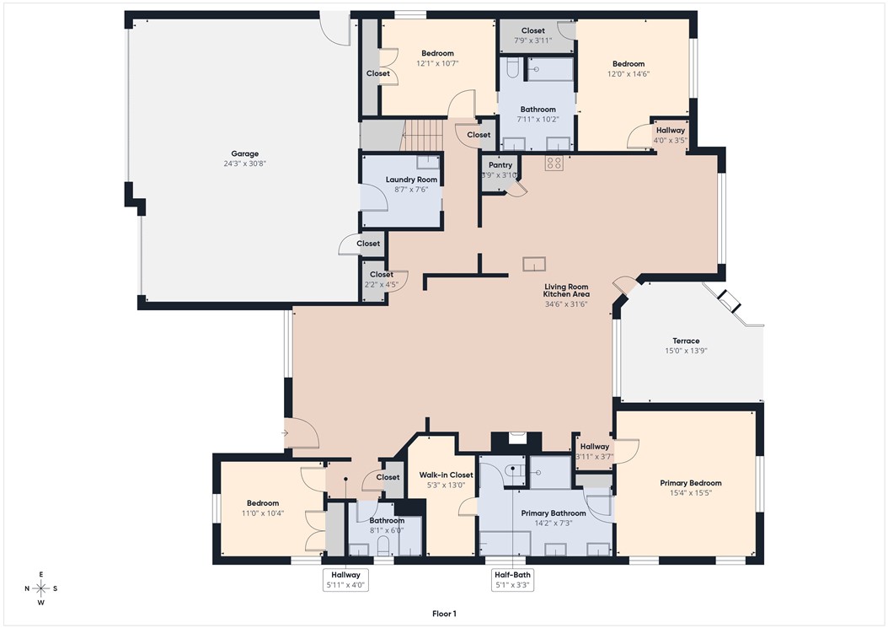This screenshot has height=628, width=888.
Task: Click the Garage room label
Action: point(245,153)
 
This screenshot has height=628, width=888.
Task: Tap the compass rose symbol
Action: point(40,588)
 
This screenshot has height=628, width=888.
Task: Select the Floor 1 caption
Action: point(443,614)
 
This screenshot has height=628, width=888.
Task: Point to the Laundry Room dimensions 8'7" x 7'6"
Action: point(411,190)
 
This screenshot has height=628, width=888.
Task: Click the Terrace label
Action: point(686,341)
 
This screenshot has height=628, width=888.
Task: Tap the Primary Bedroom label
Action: point(690,483)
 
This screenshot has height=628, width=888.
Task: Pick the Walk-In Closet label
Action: point(446,475)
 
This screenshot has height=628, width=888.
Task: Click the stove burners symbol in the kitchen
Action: point(554,163)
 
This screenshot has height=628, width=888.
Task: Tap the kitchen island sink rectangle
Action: point(533,265)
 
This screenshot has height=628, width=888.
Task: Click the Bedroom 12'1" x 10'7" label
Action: point(437,53)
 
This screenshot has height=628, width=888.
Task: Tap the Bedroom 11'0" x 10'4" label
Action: point(262,503)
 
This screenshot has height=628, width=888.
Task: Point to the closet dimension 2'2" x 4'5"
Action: point(381,284)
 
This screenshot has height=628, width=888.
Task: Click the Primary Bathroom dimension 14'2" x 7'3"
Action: point(554,523)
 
